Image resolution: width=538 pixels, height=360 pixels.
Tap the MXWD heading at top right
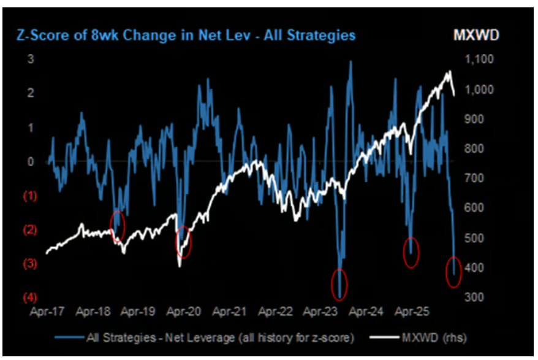click(x=476, y=35)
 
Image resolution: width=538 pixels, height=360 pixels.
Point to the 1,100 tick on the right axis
click(x=479, y=59)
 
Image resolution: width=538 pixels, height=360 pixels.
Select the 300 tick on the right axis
click(x=474, y=297)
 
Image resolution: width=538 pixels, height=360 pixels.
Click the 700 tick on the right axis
click(x=474, y=178)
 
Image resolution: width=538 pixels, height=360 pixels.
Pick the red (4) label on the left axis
click(x=30, y=297)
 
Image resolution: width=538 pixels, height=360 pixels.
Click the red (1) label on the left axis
click(x=30, y=196)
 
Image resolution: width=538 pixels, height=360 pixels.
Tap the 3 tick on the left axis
click(x=31, y=59)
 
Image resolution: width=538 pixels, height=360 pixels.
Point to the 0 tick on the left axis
click(x=31, y=161)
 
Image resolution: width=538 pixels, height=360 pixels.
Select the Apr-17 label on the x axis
click(x=47, y=311)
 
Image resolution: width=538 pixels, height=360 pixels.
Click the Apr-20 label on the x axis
click(x=184, y=311)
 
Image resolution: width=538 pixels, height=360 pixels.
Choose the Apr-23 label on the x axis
click(x=320, y=311)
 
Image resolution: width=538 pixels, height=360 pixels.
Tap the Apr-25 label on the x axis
click(x=412, y=311)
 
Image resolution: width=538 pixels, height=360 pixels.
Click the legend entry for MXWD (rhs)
click(x=419, y=338)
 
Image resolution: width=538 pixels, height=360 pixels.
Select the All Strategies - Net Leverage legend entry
click(x=204, y=338)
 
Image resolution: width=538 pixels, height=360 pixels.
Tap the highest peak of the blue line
click(x=350, y=61)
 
